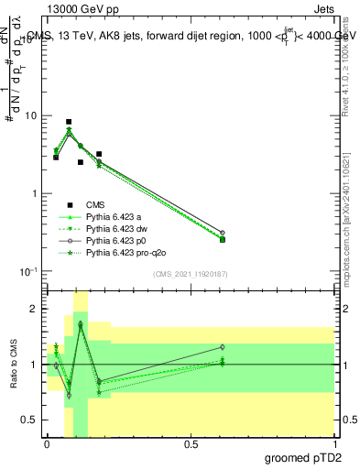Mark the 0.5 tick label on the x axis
pyautogui.click(x=191, y=444)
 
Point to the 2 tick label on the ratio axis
pyautogui.click(x=33, y=309)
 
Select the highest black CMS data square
pyautogui.click(x=69, y=121)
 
